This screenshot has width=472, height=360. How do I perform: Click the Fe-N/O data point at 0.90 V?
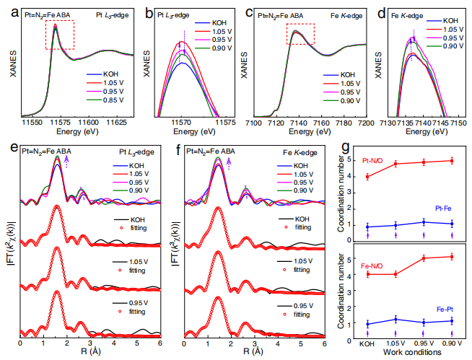452,257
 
